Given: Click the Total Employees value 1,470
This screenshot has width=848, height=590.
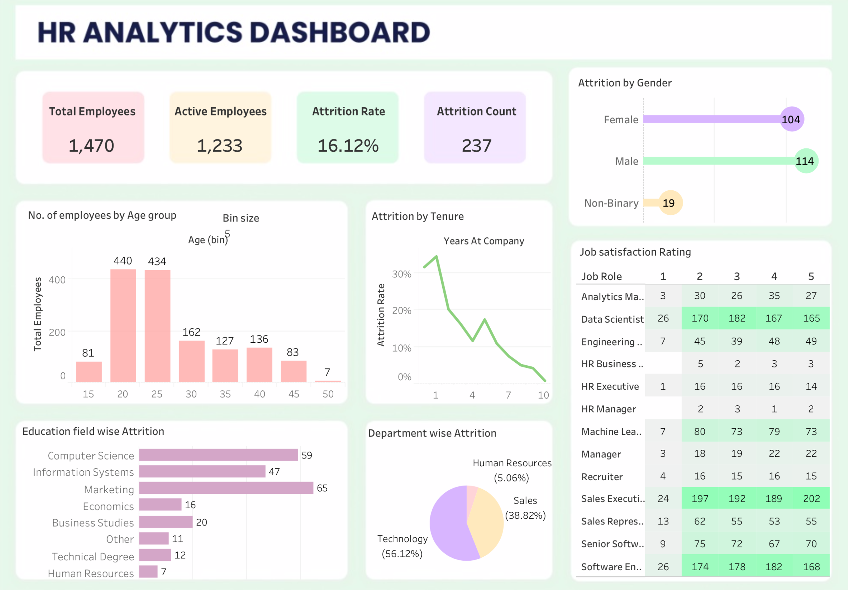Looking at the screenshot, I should [91, 146].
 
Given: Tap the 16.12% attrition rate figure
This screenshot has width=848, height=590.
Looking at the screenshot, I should [348, 146].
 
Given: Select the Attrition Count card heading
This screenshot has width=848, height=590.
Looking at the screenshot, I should [476, 111].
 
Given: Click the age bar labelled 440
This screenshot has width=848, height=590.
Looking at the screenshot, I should [123, 325].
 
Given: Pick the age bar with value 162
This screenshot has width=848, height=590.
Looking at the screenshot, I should [191, 361].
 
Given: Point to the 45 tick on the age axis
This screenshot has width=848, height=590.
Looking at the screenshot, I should [294, 394].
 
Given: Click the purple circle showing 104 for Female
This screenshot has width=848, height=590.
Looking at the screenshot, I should [791, 119].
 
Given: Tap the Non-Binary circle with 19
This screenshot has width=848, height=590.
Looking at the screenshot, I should [670, 203].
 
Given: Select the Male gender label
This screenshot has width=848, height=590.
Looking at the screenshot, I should [627, 161].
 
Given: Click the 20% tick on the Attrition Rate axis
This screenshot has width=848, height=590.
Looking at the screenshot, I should [401, 311].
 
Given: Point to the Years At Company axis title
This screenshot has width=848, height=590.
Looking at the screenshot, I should [483, 241].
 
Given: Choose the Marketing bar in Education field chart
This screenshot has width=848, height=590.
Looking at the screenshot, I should [226, 488].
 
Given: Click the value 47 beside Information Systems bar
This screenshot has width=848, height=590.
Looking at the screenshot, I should [274, 472].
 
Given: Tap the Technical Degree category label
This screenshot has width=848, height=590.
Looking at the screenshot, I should [93, 556].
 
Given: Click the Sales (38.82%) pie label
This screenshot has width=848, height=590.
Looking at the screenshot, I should [525, 508].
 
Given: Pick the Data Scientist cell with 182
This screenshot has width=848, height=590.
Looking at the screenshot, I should [737, 318].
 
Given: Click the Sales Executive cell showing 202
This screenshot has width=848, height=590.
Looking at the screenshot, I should [811, 499].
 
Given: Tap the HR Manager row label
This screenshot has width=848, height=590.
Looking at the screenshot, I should [608, 409].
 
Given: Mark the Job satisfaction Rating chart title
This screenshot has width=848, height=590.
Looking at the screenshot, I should [635, 252].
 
